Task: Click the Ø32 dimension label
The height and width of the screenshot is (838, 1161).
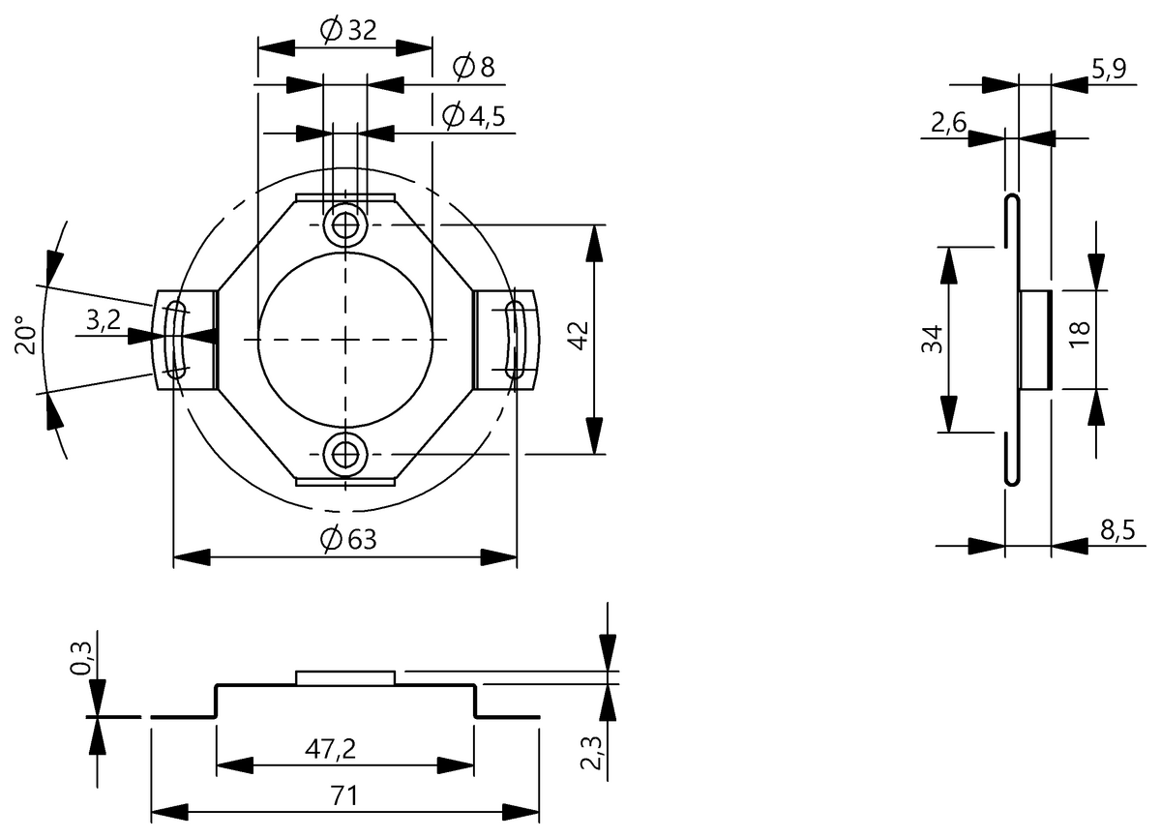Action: coord(348,30)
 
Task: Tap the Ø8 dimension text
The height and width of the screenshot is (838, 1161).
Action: coord(474,67)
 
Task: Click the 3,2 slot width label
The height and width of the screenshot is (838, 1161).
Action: coord(104,319)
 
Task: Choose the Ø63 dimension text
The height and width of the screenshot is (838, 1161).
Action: coord(348,540)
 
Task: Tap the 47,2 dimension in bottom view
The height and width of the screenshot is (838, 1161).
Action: coord(330,749)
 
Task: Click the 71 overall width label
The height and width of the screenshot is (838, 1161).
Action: coord(344,795)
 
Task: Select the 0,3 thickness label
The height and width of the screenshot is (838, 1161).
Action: coord(80,658)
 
